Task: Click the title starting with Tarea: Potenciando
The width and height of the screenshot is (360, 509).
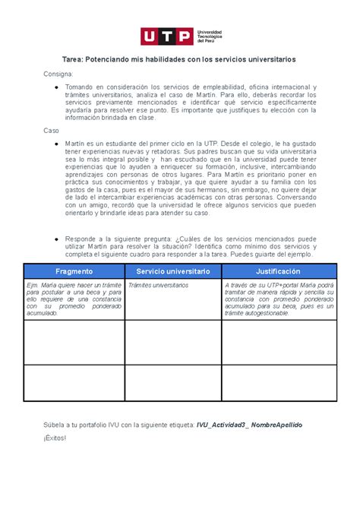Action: [179, 58]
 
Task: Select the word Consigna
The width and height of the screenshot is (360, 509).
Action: [58, 74]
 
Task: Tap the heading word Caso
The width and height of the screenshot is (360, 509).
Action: [51, 131]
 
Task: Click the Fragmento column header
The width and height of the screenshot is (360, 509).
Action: [74, 270]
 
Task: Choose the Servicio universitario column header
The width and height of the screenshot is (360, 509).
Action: [172, 270]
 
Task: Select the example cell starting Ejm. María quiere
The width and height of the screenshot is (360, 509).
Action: [74, 299]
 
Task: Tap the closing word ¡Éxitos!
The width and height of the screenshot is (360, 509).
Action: [55, 438]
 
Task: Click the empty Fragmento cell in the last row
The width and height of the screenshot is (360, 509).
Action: [74, 383]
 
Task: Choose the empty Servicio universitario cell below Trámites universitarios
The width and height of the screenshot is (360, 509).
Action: [172, 342]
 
